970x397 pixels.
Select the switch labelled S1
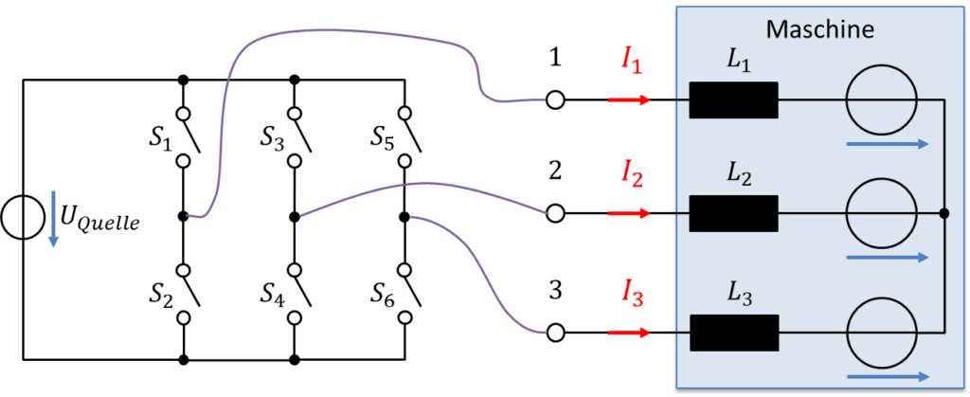point(189,137)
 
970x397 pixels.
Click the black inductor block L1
point(734,99)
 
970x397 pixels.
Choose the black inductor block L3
point(734,333)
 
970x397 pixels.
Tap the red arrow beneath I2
point(629,214)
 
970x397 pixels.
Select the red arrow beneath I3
point(629,333)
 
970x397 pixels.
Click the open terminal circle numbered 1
point(555,99)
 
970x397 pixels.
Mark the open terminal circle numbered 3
point(555,333)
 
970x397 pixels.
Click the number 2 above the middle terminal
point(555,171)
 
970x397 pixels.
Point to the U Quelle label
point(101,218)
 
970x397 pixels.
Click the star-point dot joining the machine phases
point(944,214)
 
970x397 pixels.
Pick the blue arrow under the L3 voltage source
point(888,375)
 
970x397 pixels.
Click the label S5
point(385,137)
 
